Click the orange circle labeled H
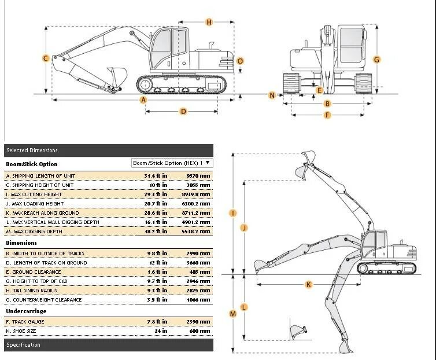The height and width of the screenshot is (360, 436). [209, 22]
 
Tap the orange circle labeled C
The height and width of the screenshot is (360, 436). [45, 58]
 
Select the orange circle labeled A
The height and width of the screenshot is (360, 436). [144, 100]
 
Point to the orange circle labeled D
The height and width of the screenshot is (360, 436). [183, 111]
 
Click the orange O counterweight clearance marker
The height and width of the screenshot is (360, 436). [241, 61]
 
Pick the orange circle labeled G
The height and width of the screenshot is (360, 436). [376, 59]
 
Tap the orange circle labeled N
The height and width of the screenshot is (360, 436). [272, 95]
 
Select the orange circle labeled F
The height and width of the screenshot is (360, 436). [327, 115]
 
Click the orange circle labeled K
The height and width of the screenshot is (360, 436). [308, 284]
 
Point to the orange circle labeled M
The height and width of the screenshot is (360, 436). [233, 314]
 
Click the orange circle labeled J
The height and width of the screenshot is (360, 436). [243, 227]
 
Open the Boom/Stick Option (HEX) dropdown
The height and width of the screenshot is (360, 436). [172, 163]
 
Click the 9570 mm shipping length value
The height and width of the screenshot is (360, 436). [198, 176]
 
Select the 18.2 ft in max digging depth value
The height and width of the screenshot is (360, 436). [156, 232]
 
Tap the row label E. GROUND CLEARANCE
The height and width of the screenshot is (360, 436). [33, 272]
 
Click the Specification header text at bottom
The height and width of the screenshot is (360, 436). [23, 345]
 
